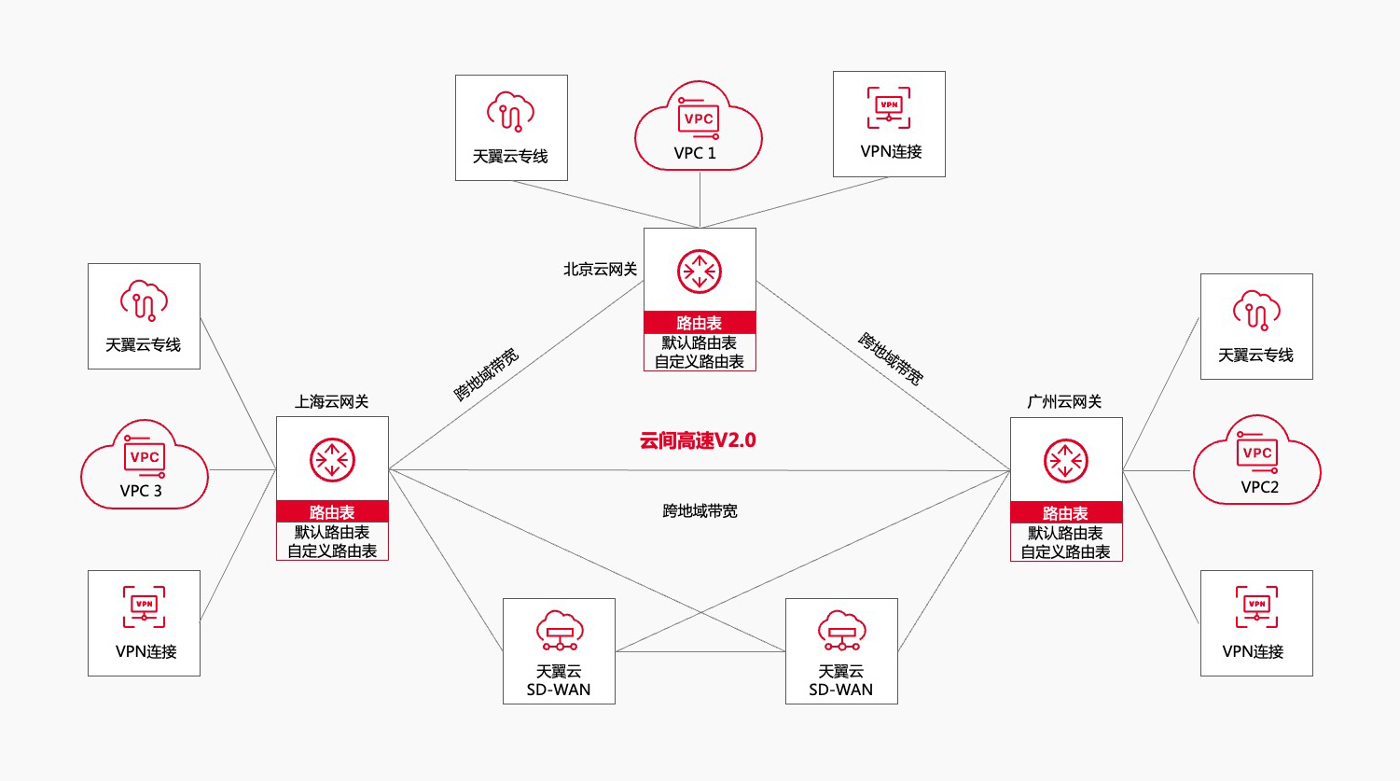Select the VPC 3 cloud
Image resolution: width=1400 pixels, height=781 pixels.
pyautogui.click(x=144, y=466)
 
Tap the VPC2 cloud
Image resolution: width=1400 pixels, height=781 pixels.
pyautogui.click(x=1256, y=461)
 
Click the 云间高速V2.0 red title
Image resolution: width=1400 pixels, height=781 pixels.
pyautogui.click(x=698, y=440)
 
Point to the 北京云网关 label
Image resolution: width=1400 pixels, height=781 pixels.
pyautogui.click(x=600, y=270)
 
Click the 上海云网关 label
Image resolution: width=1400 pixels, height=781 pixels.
pyautogui.click(x=331, y=402)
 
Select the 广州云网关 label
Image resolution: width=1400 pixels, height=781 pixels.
pyautogui.click(x=1064, y=402)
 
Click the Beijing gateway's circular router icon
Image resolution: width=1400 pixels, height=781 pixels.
pyautogui.click(x=700, y=272)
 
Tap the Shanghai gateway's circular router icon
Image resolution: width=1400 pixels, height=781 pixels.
pyautogui.click(x=332, y=460)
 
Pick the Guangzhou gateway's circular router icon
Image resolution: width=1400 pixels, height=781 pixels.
pyautogui.click(x=1066, y=461)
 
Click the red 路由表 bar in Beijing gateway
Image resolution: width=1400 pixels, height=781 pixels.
pyautogui.click(x=700, y=323)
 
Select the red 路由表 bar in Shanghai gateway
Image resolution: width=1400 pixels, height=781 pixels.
pyautogui.click(x=332, y=512)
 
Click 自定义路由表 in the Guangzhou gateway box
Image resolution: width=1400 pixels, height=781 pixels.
pyautogui.click(x=1065, y=552)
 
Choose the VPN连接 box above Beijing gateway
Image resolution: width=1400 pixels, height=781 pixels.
pyautogui.click(x=889, y=124)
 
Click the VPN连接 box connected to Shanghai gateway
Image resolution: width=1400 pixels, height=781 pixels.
pyautogui.click(x=144, y=622)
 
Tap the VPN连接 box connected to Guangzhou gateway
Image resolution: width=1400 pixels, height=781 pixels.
pyautogui.click(x=1256, y=622)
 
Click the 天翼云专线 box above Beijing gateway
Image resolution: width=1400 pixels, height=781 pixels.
pyautogui.click(x=511, y=128)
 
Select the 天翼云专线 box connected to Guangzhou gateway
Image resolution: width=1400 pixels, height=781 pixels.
pyautogui.click(x=1256, y=327)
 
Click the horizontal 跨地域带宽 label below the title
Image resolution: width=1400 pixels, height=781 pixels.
pyautogui.click(x=700, y=511)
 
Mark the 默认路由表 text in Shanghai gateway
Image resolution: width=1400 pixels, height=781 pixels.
pyautogui.click(x=332, y=533)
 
